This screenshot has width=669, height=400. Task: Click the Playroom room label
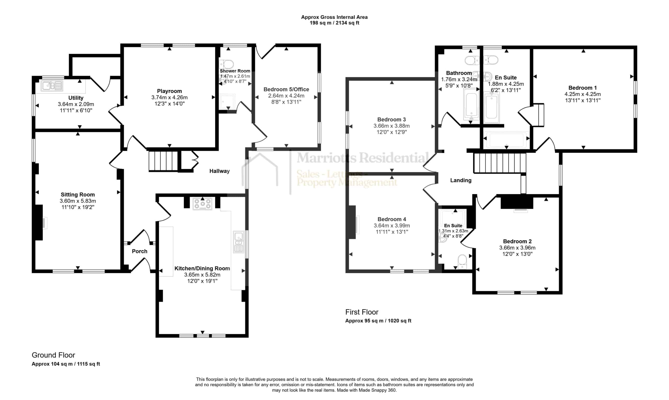click(x=170, y=91)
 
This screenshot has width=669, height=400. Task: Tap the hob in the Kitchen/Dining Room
click(x=203, y=204)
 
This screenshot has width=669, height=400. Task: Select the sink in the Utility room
click(x=52, y=86)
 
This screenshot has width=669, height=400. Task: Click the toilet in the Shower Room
click(x=227, y=64)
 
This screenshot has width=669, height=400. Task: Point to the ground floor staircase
click(x=163, y=161)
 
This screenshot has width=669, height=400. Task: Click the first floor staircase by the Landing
click(x=500, y=163)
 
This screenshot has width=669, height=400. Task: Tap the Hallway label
click(x=220, y=171)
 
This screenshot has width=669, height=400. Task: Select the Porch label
click(x=140, y=251)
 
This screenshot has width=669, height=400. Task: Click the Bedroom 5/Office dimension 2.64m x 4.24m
click(x=286, y=96)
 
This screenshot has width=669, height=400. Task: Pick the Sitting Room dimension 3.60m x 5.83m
click(x=78, y=201)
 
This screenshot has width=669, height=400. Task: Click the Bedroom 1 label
click(x=583, y=88)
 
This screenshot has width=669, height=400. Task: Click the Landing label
click(x=461, y=180)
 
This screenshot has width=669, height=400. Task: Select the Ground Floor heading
click(x=53, y=355)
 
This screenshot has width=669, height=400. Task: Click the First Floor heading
click(x=362, y=312)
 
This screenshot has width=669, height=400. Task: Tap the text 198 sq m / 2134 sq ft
click(x=334, y=23)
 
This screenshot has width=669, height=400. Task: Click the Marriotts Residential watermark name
click(x=362, y=158)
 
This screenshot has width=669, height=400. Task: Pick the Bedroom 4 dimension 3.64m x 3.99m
click(x=391, y=225)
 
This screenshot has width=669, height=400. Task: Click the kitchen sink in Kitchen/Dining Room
click(x=239, y=242)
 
